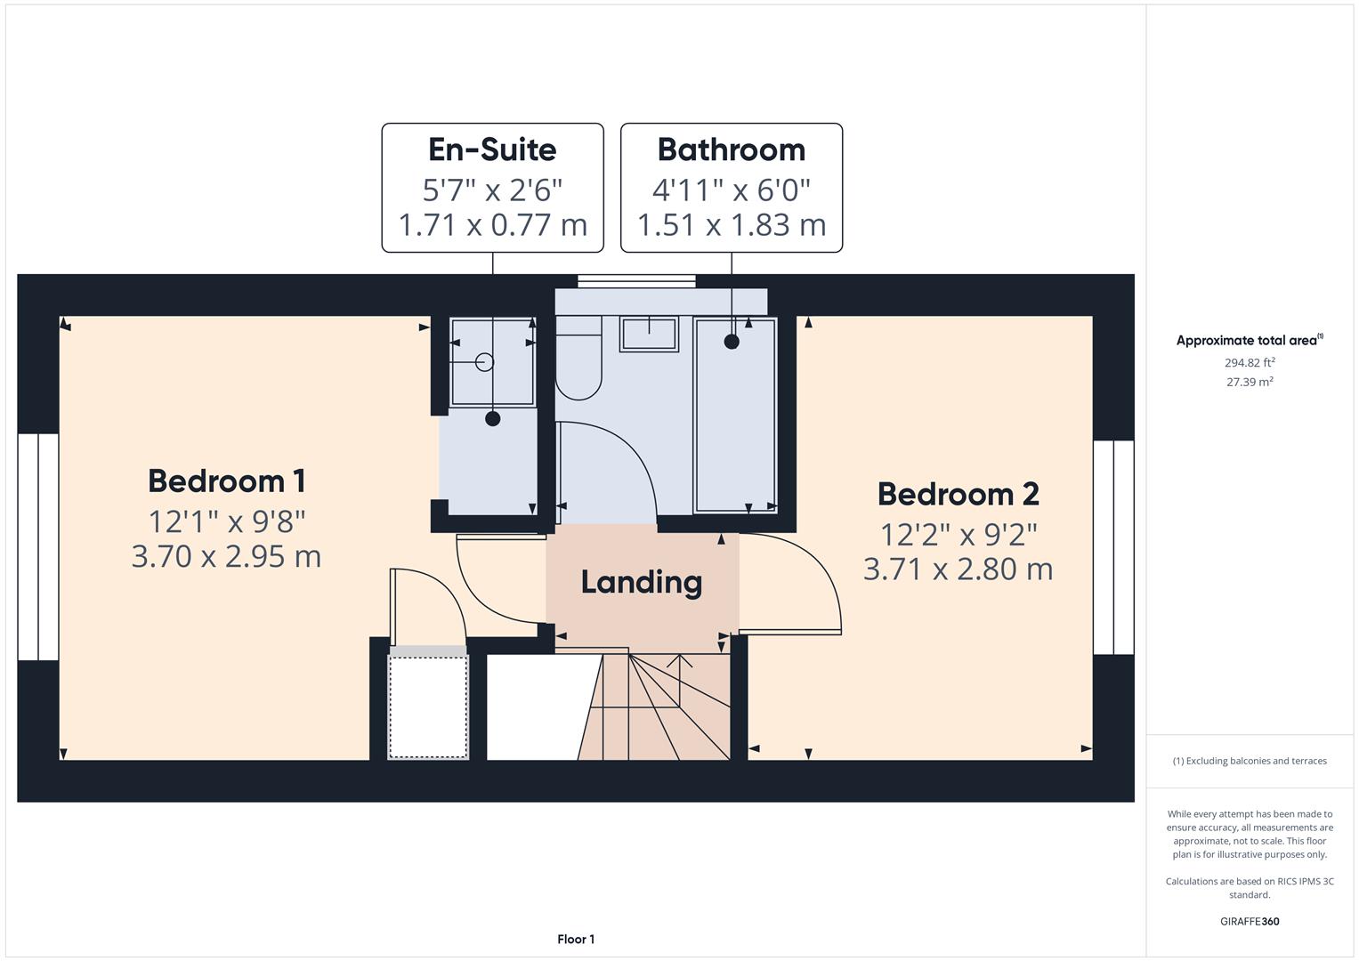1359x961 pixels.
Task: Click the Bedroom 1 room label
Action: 227,481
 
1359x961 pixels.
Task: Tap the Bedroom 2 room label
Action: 958,494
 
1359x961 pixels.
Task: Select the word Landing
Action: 642,583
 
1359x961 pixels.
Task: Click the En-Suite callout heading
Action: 492,149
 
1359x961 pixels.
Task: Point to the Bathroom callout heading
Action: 731,149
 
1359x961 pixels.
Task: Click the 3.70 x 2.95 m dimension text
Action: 226,556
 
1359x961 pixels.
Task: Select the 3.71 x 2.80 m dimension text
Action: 958,569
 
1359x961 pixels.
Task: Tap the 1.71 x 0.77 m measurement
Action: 492,224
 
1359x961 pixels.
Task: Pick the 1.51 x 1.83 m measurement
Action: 731,224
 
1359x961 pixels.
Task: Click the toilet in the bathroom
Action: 578,365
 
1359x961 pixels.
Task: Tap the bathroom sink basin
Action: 649,334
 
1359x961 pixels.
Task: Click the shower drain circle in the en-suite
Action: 484,361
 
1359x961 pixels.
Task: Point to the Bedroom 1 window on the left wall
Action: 38,547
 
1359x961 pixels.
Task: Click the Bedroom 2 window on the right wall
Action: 1113,547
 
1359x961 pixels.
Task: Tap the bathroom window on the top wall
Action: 636,281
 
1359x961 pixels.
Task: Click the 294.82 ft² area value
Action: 1250,363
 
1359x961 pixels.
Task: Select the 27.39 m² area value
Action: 1250,382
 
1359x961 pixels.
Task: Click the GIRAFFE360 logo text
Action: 1250,921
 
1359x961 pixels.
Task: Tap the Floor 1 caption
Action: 576,939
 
